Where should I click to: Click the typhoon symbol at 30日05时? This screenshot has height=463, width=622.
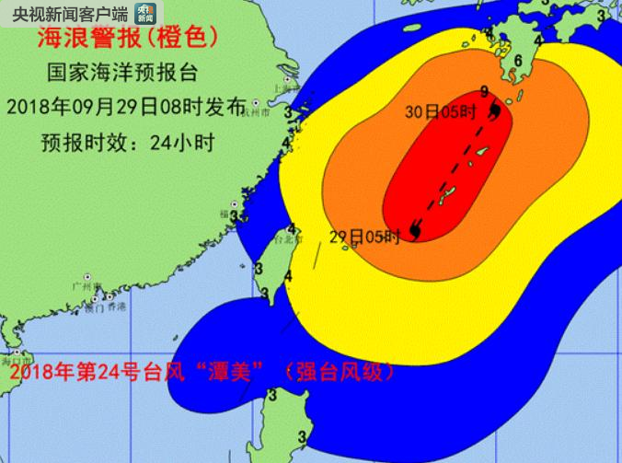click(x=496, y=111)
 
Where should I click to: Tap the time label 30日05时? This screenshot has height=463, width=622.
click(x=441, y=112)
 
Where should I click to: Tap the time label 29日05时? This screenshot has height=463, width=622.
click(x=364, y=237)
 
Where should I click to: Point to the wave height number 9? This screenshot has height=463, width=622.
click(x=485, y=90)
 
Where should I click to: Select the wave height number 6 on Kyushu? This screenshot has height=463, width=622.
click(x=520, y=61)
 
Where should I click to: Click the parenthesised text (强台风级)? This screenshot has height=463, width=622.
click(x=340, y=373)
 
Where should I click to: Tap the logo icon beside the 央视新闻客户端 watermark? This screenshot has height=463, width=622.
click(x=144, y=12)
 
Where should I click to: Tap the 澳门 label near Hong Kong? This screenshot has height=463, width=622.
click(x=94, y=307)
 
